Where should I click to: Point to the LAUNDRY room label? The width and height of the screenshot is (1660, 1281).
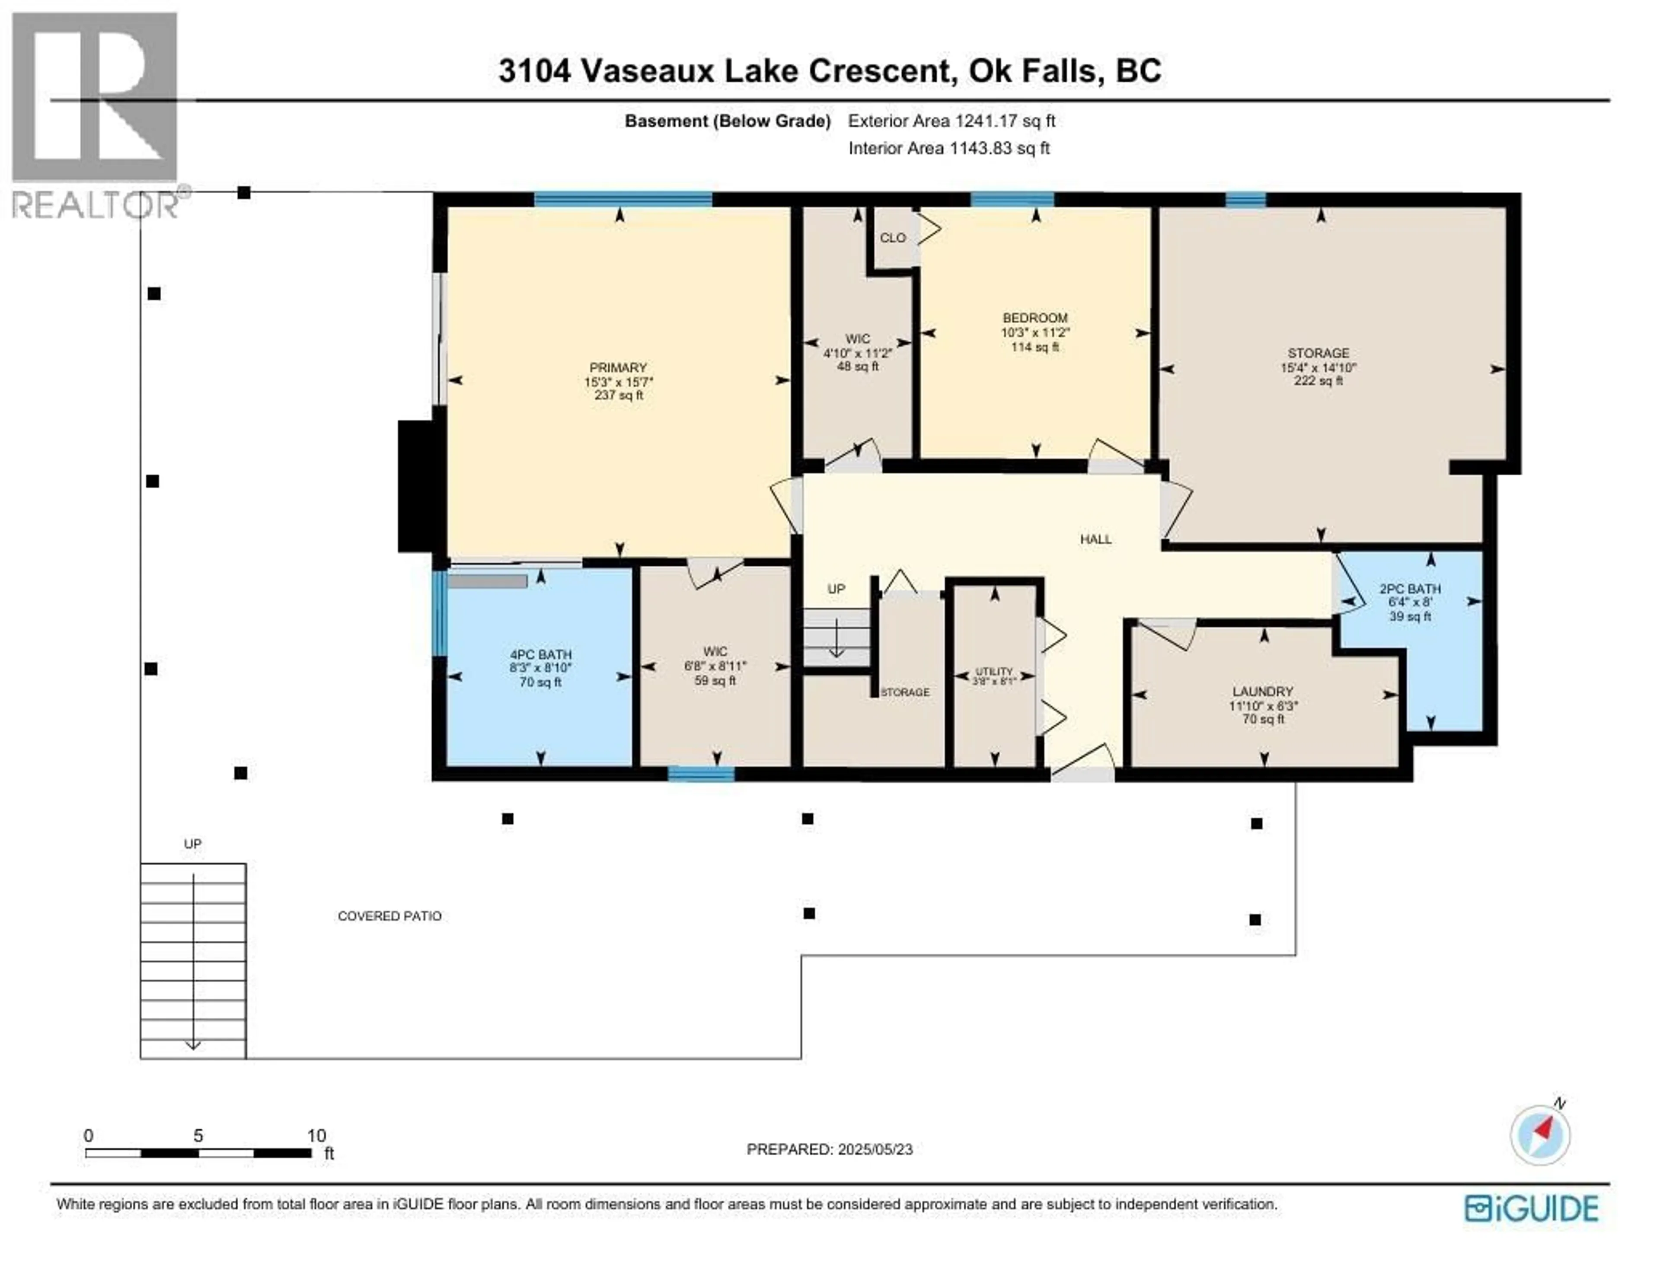click(x=1262, y=691)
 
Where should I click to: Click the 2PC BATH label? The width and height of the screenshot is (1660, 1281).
click(x=1410, y=589)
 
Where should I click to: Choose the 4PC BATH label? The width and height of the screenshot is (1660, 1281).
click(x=540, y=655)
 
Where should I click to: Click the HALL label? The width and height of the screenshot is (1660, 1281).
click(x=1095, y=539)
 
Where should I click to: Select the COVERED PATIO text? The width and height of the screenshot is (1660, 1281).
click(x=389, y=916)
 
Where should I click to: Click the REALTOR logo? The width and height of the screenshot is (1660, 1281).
click(x=95, y=114)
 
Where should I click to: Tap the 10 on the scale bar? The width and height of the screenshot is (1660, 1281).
click(x=316, y=1136)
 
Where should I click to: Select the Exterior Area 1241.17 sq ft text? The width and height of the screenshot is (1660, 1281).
click(x=951, y=121)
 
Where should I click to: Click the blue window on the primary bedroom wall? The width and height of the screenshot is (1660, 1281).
click(x=622, y=200)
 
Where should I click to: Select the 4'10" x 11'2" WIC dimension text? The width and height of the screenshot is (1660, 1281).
click(x=857, y=353)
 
